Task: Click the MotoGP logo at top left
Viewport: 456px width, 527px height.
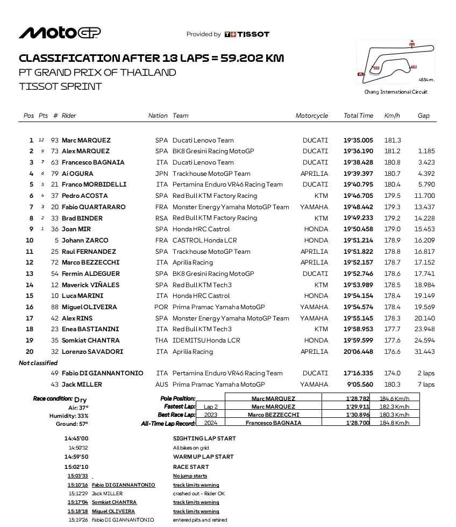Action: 60,33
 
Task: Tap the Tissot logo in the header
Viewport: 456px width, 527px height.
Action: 246,34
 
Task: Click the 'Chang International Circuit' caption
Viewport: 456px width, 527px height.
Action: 396,92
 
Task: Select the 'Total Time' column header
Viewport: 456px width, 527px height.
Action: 358,116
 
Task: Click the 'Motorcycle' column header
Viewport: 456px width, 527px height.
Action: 311,116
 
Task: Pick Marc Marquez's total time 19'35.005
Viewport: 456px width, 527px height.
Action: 358,140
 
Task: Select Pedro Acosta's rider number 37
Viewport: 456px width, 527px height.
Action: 55,196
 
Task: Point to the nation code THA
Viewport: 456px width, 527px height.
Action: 161,340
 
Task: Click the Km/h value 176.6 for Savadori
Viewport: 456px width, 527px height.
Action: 392,352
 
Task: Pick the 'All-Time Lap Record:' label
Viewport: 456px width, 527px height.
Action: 168,423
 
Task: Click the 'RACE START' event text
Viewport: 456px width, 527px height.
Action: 191,467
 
